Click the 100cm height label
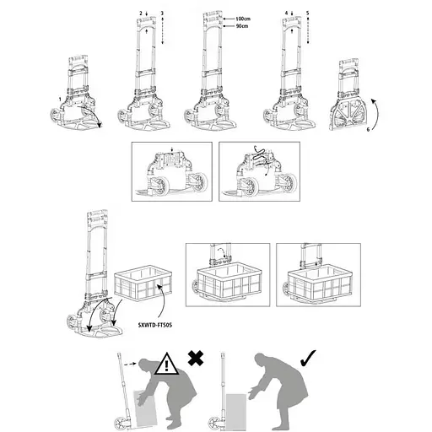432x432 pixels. point(243,19)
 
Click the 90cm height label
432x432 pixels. point(242,26)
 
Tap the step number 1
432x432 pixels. point(60,100)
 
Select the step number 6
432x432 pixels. point(368,130)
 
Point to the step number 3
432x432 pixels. point(162,13)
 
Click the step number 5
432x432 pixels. point(308,13)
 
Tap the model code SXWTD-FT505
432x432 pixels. point(155,325)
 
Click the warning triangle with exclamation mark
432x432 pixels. point(166,364)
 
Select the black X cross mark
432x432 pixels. point(196,358)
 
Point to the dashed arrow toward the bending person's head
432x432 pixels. point(130,364)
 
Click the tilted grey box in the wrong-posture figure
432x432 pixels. point(145,408)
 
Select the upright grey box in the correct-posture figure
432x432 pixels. point(236,412)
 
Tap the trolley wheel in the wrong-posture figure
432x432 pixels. point(121,423)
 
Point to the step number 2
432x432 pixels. point(141,13)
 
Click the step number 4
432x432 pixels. point(286,13)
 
